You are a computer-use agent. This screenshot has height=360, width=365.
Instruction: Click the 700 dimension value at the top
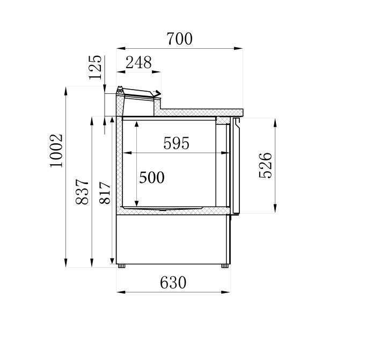pyautogui.click(x=179, y=39)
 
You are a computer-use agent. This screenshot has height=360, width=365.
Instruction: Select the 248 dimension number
pyautogui.click(x=138, y=63)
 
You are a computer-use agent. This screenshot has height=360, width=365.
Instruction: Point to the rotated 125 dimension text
pyautogui.click(x=96, y=67)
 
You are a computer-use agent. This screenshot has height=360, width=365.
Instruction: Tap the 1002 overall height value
pyautogui.click(x=56, y=150)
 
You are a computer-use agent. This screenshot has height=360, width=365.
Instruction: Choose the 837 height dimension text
pyautogui.click(x=82, y=192)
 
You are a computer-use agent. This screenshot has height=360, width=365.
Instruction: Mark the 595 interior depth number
pyautogui.click(x=176, y=143)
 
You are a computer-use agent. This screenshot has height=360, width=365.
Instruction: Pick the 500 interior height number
pyautogui.click(x=152, y=178)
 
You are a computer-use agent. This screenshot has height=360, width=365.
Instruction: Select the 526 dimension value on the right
pyautogui.click(x=266, y=165)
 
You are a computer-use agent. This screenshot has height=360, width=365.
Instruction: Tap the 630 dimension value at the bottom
pyautogui.click(x=173, y=282)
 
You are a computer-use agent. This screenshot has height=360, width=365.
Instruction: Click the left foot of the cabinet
pyautogui.click(x=122, y=265)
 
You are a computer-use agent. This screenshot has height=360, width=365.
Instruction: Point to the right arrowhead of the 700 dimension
pyautogui.click(x=240, y=49)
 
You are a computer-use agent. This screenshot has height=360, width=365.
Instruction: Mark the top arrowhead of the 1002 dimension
pyautogui.click(x=66, y=89)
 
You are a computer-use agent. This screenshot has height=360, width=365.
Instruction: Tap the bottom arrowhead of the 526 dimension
pyautogui.click(x=275, y=210)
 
